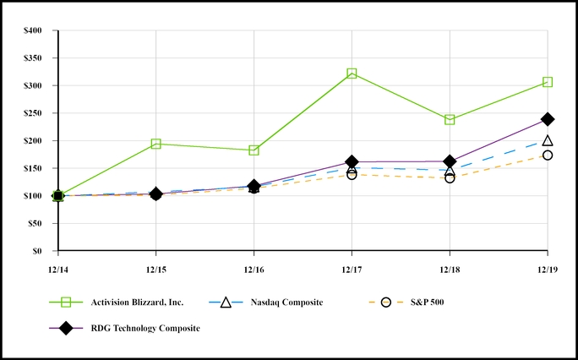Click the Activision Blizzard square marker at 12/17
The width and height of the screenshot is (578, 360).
352,74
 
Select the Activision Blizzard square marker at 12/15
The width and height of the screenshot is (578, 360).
155,144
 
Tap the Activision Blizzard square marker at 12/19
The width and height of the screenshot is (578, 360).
548,82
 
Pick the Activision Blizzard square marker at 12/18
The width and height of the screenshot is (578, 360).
450,120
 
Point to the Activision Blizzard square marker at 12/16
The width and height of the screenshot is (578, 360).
254,150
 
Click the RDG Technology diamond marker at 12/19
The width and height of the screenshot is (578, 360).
548,119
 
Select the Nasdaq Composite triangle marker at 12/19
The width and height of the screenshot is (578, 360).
548,140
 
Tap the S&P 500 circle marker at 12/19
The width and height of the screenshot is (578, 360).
548,155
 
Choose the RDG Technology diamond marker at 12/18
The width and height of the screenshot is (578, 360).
450,161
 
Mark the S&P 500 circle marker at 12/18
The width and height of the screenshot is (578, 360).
450,178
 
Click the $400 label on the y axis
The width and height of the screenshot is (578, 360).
36,31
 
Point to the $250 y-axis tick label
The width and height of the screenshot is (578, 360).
36,113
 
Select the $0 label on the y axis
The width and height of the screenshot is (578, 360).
42,251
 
